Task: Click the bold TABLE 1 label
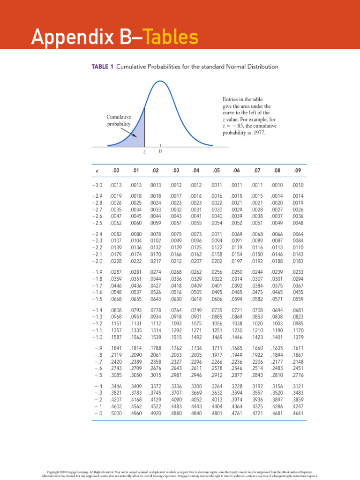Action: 99,67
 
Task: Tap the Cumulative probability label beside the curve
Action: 119,120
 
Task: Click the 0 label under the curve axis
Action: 160,152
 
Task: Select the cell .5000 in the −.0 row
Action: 115,413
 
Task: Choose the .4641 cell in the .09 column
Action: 297,413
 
